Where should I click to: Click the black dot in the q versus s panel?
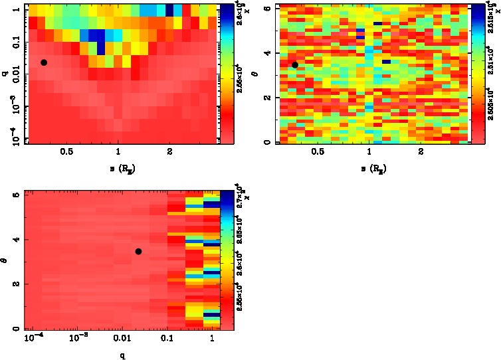pyautogui.click(x=44, y=62)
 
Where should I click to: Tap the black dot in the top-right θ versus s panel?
pyautogui.click(x=295, y=64)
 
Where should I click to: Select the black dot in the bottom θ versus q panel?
pyautogui.click(x=138, y=251)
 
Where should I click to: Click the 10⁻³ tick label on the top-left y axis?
pyautogui.click(x=13, y=108)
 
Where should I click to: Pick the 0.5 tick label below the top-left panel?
pyautogui.click(x=66, y=152)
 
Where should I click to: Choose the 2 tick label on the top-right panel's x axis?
pyautogui.click(x=421, y=152)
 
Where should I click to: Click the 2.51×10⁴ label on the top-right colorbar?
pyautogui.click(x=490, y=67)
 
